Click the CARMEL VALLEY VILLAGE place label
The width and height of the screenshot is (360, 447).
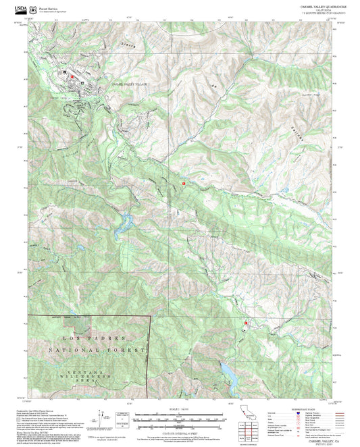[x=129, y=83]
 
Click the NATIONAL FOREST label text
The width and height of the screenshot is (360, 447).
[x=97, y=350]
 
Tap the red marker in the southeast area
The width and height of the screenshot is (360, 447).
[x=245, y=323]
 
